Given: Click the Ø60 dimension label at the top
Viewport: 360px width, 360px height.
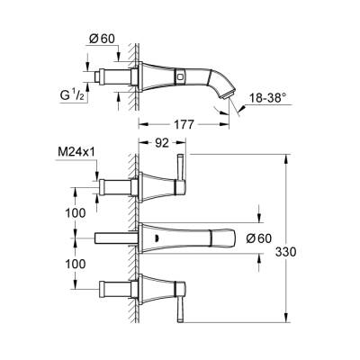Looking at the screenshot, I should coord(101,38).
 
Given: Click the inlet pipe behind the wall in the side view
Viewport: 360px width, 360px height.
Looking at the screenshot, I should coord(112,71).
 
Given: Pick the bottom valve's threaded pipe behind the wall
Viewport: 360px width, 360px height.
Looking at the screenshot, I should coord(112,292).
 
